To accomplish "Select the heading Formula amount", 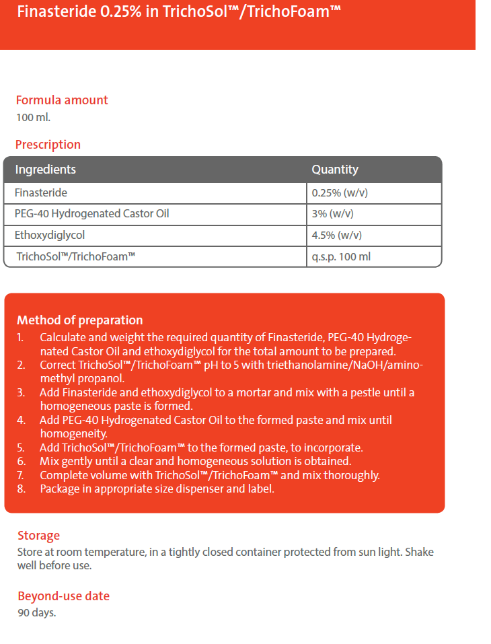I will click(x=62, y=100).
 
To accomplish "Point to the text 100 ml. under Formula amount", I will click(x=33, y=116).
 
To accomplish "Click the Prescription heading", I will click(x=48, y=145).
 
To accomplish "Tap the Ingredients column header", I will click(x=46, y=170).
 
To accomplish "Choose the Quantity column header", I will click(x=335, y=170).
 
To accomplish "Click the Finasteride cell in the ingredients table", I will click(x=41, y=193).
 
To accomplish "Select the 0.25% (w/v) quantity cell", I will click(x=340, y=193).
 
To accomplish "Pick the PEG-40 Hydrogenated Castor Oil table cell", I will click(x=92, y=214).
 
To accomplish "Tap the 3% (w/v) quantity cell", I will click(x=332, y=214).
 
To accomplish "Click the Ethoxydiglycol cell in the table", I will click(x=50, y=236).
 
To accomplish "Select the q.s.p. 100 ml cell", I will click(x=341, y=256).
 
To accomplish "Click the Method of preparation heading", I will click(x=80, y=320).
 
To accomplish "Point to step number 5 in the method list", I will click(x=22, y=448).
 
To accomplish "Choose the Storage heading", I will click(x=38, y=536).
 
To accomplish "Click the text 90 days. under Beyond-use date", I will click(x=36, y=612).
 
